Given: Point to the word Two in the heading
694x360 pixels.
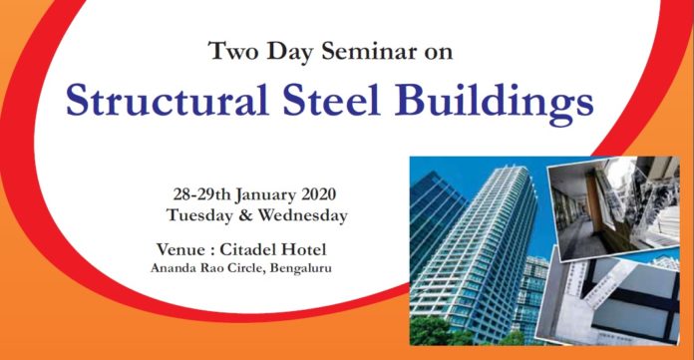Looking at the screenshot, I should pyautogui.click(x=231, y=51).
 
